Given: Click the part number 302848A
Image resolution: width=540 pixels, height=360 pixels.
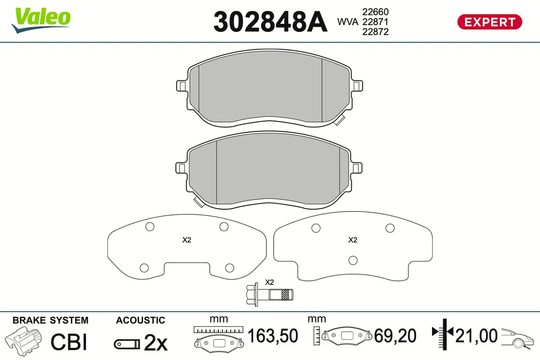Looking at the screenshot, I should pyautogui.click(x=270, y=22).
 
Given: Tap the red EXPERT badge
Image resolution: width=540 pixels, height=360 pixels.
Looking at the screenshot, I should pyautogui.click(x=490, y=22).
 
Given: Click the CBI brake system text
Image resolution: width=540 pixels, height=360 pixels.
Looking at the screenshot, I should pyautogui.click(x=68, y=342).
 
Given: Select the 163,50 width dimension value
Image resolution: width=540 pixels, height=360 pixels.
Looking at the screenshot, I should pyautogui.click(x=273, y=336).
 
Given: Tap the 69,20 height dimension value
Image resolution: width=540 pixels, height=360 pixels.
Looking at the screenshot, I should pyautogui.click(x=395, y=336).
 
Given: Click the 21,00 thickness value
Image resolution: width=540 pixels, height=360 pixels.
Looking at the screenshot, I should pyautogui.click(x=477, y=336).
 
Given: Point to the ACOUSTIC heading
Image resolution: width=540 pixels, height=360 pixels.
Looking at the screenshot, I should pyautogui.click(x=140, y=320).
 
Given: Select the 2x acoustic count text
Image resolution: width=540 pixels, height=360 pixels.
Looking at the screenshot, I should pyautogui.click(x=155, y=344).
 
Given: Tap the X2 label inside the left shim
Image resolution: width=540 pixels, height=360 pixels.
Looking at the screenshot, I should pyautogui.click(x=187, y=240).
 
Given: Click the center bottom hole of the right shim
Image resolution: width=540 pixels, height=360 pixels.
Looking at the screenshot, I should pyautogui.click(x=353, y=260).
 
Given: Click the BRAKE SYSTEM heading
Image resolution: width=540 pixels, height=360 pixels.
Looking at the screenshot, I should pyautogui.click(x=50, y=320).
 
